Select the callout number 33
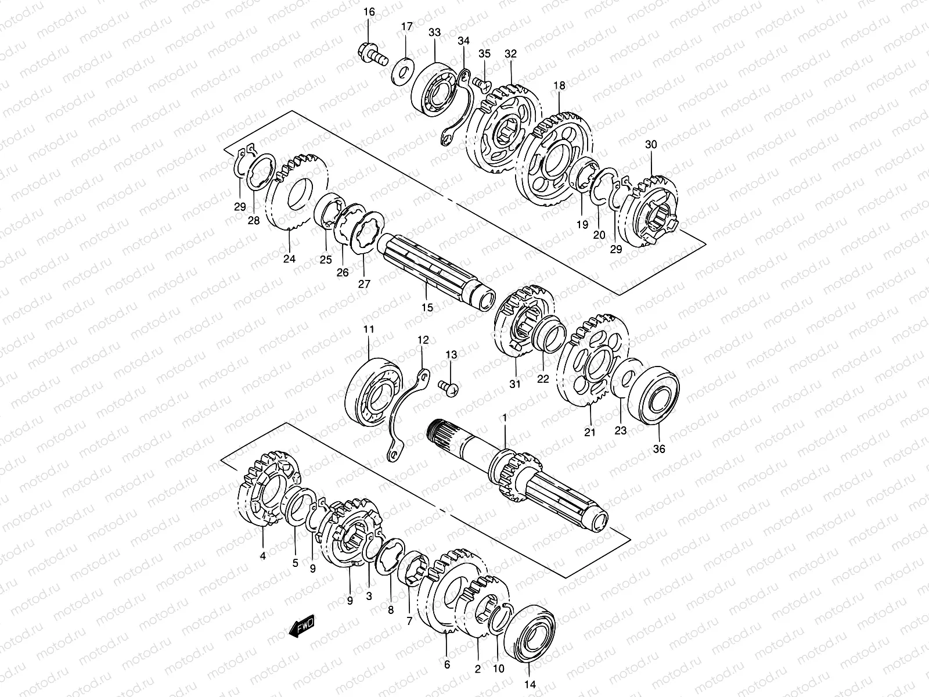coord(434,33)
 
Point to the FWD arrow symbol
coord(301,629)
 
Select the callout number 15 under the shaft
coord(427,308)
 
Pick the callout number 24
coord(289,259)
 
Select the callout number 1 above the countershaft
coord(505,418)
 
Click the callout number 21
coord(590,432)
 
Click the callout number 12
coord(423,340)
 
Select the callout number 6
coord(447,664)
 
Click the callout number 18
coord(559,85)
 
